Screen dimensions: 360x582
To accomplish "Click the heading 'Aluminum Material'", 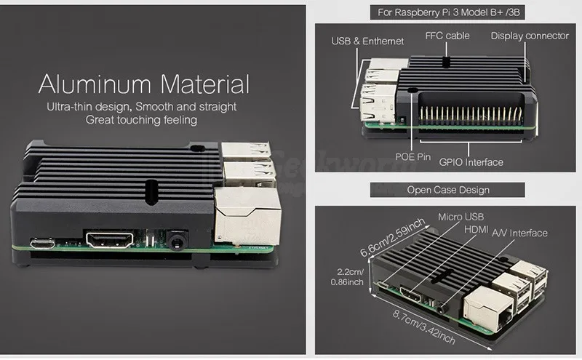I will coord(144,84).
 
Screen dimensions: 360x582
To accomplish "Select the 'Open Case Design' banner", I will coord(447,190).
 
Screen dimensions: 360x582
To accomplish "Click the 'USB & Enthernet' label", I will coord(368,41).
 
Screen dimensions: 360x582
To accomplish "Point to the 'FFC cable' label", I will coord(447,36).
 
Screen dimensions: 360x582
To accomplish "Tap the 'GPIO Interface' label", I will coord(471,162).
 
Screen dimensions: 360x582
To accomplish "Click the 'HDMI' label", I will coord(477,228).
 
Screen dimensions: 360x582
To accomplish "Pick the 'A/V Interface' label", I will coord(519,233).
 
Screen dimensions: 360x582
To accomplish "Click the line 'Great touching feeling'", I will coord(141,120).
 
